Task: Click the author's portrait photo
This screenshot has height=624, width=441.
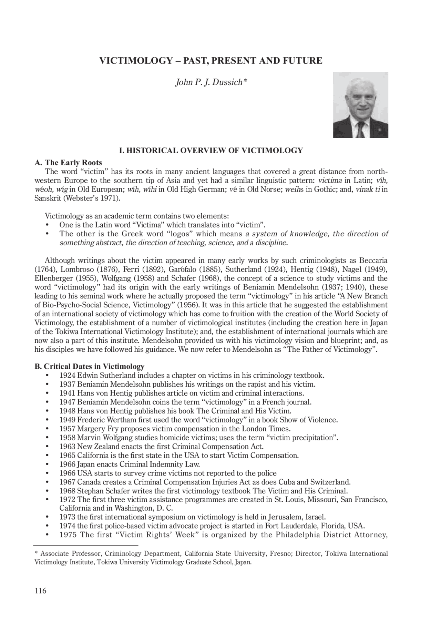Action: pyautogui.click(x=360, y=105)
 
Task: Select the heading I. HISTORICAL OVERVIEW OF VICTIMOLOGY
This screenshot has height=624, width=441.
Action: pyautogui.click(x=211, y=151)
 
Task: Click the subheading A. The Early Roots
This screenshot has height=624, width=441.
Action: pyautogui.click(x=68, y=163)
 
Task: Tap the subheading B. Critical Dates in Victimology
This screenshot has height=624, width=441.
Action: pyautogui.click(x=89, y=366)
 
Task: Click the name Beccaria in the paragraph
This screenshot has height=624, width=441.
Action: pyautogui.click(x=373, y=260)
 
